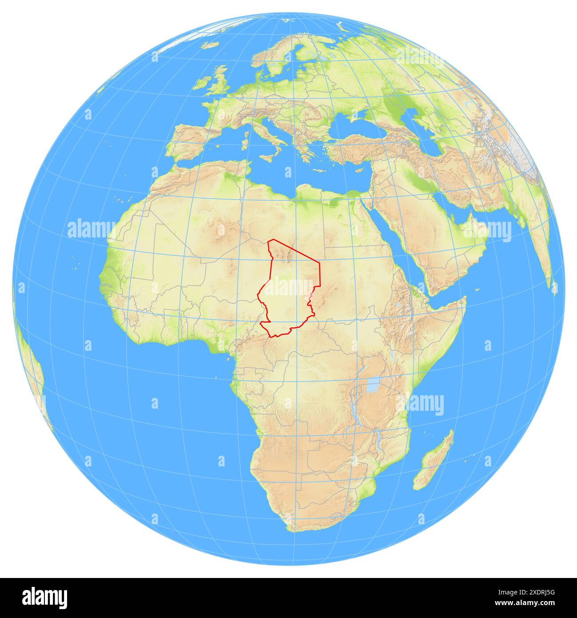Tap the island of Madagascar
pyautogui.click(x=433, y=462)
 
